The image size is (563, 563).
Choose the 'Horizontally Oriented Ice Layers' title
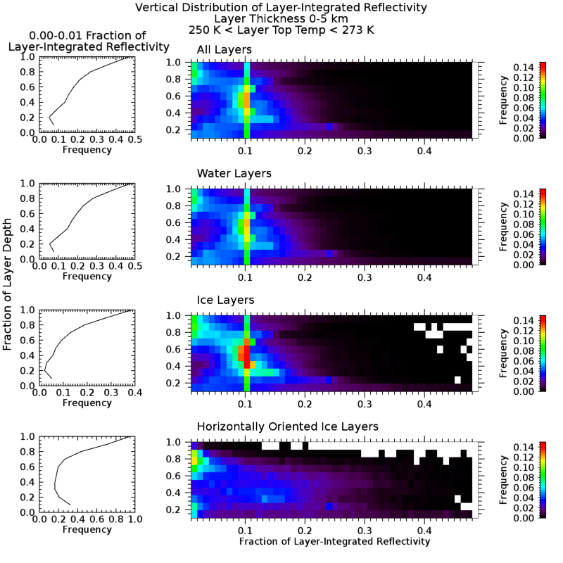pyautogui.click(x=288, y=426)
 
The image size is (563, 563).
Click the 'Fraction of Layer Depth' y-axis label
pyautogui.click(x=8, y=289)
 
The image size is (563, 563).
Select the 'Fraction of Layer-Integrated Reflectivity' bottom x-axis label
pyautogui.click(x=334, y=541)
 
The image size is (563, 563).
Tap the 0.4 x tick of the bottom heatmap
pyautogui.click(x=424, y=528)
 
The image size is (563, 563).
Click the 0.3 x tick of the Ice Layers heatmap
pyautogui.click(x=365, y=403)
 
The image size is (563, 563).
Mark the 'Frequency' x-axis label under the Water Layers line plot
pyautogui.click(x=87, y=276)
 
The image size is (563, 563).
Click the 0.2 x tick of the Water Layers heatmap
pyautogui.click(x=305, y=276)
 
